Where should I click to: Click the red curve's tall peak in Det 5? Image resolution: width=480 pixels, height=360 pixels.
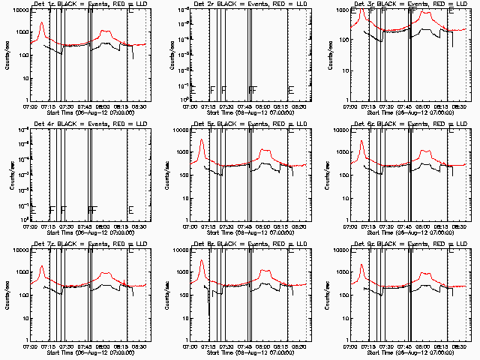click(x=202, y=140)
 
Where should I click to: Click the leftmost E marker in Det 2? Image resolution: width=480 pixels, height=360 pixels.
click(x=193, y=90)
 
